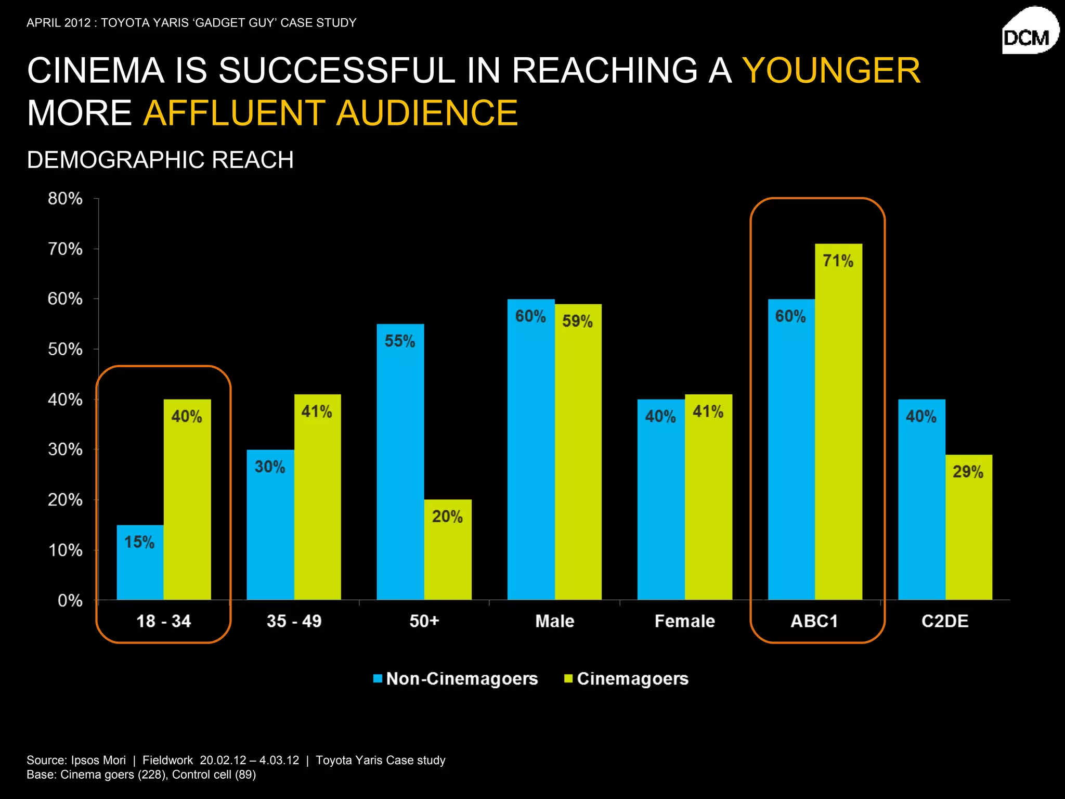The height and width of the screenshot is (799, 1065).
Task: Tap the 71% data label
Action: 838,261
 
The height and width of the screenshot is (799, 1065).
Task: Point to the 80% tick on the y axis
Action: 65,199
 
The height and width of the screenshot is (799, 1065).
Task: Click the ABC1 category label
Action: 814,621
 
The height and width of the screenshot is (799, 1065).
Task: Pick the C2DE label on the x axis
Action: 945,621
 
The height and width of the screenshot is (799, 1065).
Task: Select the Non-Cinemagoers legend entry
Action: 456,679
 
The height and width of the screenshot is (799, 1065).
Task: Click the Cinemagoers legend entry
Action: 626,679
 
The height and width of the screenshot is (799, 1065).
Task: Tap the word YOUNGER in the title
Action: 830,70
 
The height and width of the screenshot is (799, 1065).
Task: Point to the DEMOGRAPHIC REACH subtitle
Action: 160,160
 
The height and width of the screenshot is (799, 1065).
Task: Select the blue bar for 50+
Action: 400,468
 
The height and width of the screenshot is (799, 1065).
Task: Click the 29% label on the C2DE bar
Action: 968,472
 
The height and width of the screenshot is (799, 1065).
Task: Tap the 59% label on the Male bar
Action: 577,321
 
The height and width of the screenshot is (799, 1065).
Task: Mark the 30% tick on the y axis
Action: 65,449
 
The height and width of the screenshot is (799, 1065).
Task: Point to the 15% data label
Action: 139,542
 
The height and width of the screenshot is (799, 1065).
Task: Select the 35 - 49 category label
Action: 294,621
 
